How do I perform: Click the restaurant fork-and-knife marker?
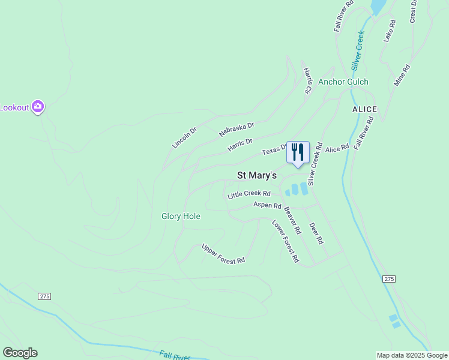298,152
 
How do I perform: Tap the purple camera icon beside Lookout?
38,107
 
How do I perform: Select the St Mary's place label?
257,176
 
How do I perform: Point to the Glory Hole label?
181,216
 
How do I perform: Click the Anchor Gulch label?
343,82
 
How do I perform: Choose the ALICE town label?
364,109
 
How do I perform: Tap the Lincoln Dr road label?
184,137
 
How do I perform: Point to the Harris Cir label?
308,80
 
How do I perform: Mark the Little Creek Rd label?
249,194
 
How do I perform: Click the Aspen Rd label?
267,205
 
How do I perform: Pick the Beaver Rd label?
292,220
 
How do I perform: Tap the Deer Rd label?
316,233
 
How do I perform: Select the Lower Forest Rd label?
285,241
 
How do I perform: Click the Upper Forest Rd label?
223,253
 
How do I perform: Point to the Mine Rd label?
402,76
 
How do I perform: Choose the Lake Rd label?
390,31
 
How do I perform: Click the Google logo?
20,353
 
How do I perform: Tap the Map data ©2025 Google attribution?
412,355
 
